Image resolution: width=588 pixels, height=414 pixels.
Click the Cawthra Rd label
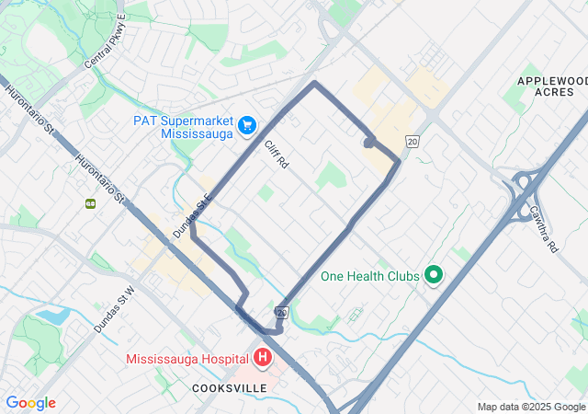[543, 229]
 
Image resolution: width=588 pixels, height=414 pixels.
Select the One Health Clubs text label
[369, 276]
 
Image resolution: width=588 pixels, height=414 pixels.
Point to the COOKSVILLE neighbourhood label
[230, 388]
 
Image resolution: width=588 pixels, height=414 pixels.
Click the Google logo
[30, 403]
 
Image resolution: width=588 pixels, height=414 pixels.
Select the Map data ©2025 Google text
[531, 407]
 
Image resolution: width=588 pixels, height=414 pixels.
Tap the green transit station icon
[91, 203]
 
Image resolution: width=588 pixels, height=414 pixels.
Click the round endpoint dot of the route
[368, 143]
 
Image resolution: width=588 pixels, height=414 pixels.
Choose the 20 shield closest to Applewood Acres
[412, 141]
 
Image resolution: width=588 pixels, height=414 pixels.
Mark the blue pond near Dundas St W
[52, 316]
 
